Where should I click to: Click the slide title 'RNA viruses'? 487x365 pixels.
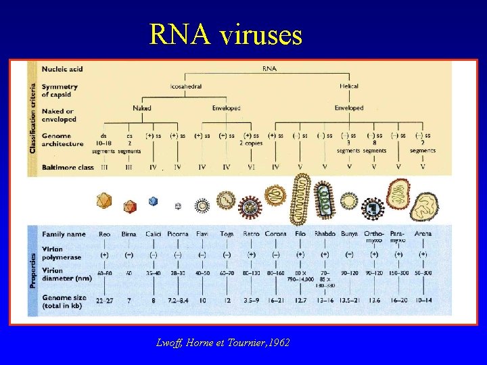pyautogui.click(x=226, y=34)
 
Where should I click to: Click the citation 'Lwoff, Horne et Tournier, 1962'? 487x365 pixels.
pyautogui.click(x=223, y=343)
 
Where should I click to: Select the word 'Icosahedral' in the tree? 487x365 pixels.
pyautogui.click(x=185, y=87)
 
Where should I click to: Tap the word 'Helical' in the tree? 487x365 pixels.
pyautogui.click(x=349, y=87)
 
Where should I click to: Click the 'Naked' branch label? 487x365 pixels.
pyautogui.click(x=142, y=108)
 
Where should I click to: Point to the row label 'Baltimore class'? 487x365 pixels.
pyautogui.click(x=68, y=166)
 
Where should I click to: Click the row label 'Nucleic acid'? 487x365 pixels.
pyautogui.click(x=62, y=68)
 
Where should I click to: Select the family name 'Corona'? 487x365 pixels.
pyautogui.click(x=275, y=234)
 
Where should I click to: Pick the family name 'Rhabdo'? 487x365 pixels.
pyautogui.click(x=325, y=234)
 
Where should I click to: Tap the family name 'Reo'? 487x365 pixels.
pyautogui.click(x=104, y=234)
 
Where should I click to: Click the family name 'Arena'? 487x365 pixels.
pyautogui.click(x=423, y=234)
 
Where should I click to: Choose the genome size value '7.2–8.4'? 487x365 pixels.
pyautogui.click(x=177, y=299)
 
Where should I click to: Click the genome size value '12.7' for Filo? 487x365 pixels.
pyautogui.click(x=300, y=299)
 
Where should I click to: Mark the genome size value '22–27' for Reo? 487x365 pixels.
pyautogui.click(x=103, y=299)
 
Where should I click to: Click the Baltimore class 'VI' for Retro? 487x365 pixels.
pyautogui.click(x=251, y=166)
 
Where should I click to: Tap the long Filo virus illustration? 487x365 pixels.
pyautogui.click(x=300, y=199)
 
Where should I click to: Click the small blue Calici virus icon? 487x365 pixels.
pyautogui.click(x=153, y=201)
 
